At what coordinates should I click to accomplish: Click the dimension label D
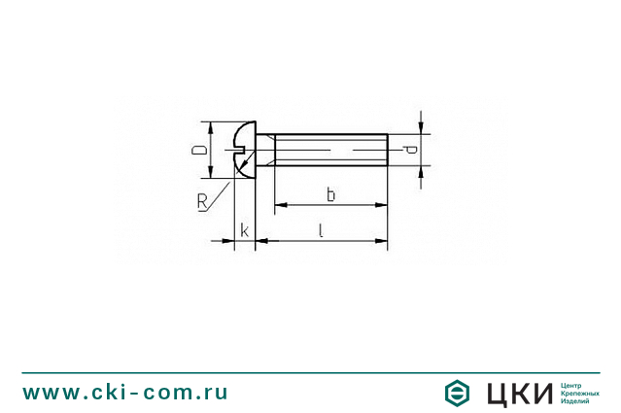[x=198, y=151]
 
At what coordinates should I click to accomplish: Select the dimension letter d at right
[x=411, y=150]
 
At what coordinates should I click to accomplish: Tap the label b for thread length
[x=330, y=195]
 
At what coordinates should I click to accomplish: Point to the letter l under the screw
[x=321, y=229]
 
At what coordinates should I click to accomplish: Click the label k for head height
[x=244, y=230]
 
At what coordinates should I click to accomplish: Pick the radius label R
[x=202, y=201]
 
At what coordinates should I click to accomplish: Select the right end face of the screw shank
[x=388, y=151]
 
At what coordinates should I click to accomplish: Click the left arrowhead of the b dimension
[x=281, y=205]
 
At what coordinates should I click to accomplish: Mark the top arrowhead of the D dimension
[x=210, y=127]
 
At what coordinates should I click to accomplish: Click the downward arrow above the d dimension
[x=420, y=128]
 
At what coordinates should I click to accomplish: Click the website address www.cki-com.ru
[x=125, y=393]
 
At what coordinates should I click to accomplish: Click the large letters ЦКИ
[x=518, y=393]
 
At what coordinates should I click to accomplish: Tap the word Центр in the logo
[x=572, y=385]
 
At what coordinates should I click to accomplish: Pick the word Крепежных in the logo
[x=579, y=393]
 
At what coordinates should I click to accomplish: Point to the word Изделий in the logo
[x=575, y=401]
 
